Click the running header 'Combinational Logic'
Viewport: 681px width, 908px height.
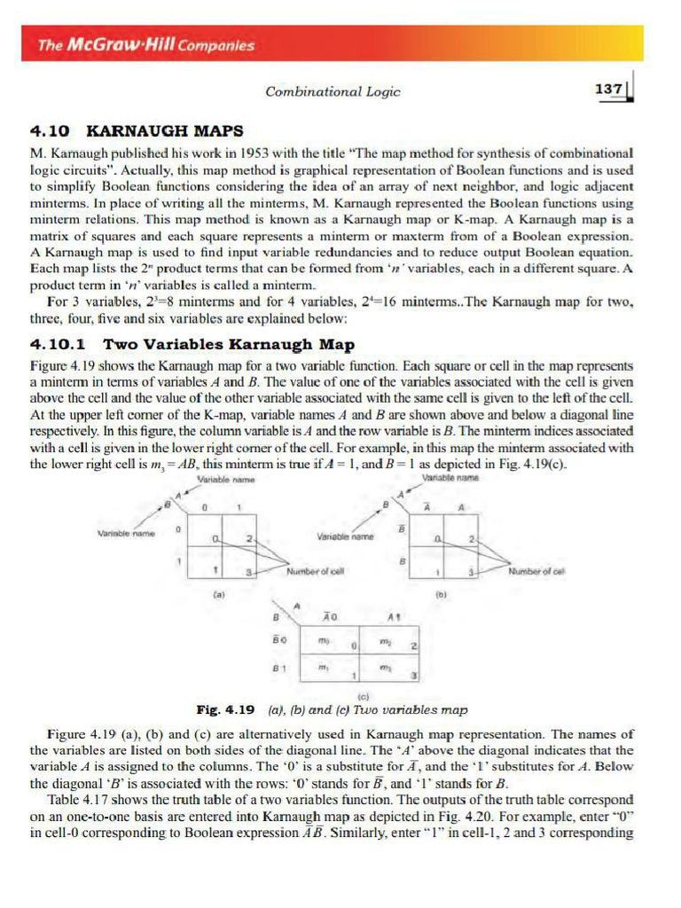[x=333, y=91]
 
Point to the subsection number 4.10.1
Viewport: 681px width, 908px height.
[x=61, y=343]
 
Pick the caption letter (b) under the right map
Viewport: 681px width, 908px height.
[x=440, y=597]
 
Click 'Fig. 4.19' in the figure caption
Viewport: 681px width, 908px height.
[x=225, y=710]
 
